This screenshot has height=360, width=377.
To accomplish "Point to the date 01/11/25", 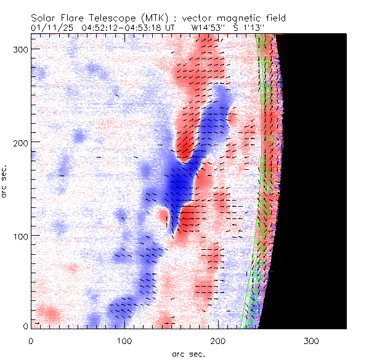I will coord(49,27).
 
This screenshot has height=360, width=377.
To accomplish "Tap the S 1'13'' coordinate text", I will coord(248,27).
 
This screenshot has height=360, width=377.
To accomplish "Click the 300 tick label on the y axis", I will coord(20,49).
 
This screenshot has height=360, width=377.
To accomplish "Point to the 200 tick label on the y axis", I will coord(20,142).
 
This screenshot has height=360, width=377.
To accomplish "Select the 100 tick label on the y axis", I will coord(20,236).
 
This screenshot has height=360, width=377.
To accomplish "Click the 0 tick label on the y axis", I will coord(26,326).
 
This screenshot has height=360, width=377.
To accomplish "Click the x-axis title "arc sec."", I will coord(188,353).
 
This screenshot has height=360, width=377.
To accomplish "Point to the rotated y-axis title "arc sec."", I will coord(5,182).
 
